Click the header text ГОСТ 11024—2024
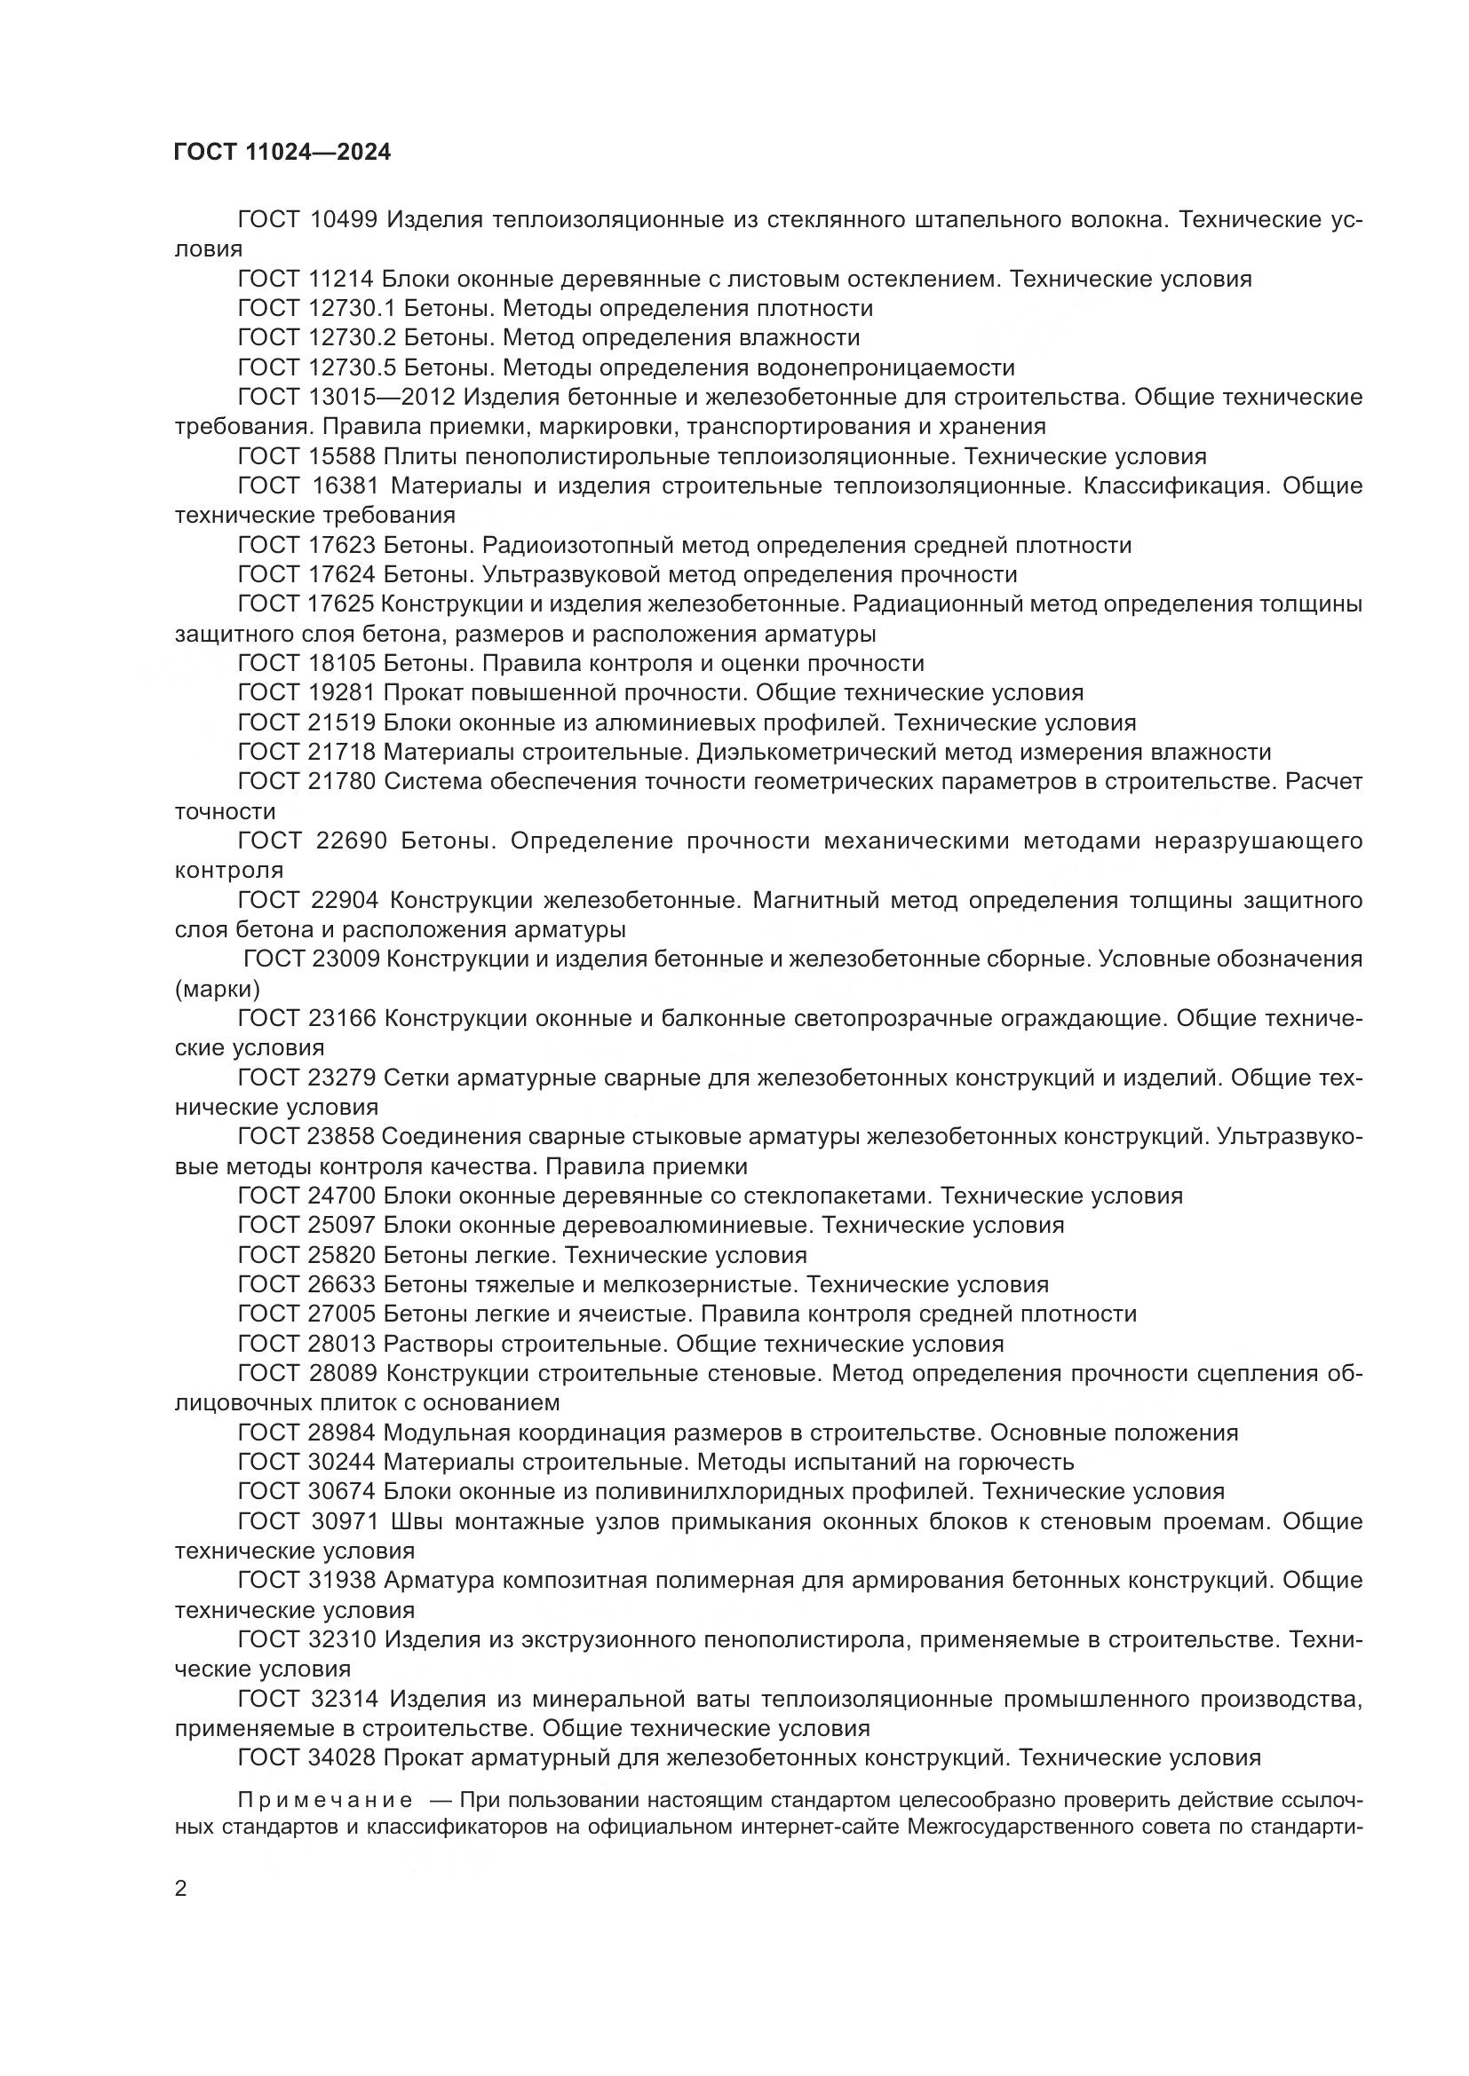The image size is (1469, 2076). [x=282, y=153]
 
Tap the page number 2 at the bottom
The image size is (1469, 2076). [x=181, y=1888]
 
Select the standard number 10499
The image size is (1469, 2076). [x=344, y=220]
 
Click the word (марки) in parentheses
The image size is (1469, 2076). [x=217, y=988]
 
